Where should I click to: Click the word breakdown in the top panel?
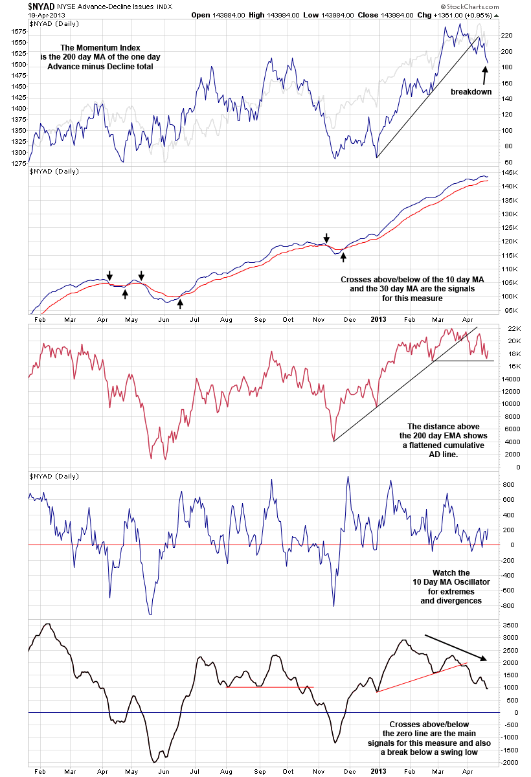coord(471,92)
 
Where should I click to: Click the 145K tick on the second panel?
coord(510,172)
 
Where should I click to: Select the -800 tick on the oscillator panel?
coord(508,605)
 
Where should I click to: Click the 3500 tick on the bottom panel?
coord(510,625)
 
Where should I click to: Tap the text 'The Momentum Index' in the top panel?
coord(100,48)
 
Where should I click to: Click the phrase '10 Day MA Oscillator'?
coord(451,582)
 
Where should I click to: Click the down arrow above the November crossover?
coord(327,238)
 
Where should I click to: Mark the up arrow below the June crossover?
coord(181,302)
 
